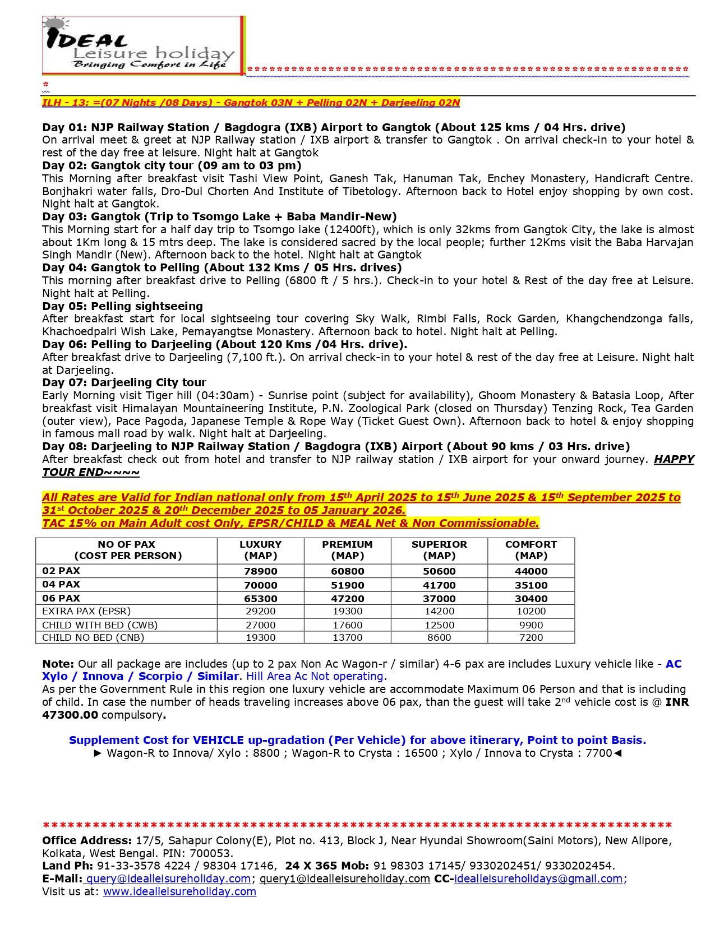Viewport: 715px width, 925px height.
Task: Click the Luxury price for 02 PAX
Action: pos(260,571)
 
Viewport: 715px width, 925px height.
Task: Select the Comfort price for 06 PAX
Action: pos(531,599)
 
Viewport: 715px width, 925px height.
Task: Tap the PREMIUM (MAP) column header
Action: pos(347,550)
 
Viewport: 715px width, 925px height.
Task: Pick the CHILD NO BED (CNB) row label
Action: pos(93,637)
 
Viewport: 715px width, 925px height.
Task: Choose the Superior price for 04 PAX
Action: pos(439,585)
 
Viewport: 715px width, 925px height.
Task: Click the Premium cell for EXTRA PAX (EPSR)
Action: pos(347,611)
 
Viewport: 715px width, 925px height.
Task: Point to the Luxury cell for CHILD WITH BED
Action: pos(260,625)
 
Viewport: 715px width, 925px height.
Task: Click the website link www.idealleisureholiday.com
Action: pos(179,892)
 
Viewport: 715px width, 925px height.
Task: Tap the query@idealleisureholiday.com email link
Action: pos(168,879)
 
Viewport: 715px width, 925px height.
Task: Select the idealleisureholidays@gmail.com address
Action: pos(538,879)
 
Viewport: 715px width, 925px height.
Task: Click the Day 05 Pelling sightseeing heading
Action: pos(122,306)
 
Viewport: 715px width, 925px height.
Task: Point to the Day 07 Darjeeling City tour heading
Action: pos(124,383)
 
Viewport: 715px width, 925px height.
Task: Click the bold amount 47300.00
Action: pos(70,715)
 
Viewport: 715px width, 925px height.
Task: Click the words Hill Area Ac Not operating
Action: pos(315,677)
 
